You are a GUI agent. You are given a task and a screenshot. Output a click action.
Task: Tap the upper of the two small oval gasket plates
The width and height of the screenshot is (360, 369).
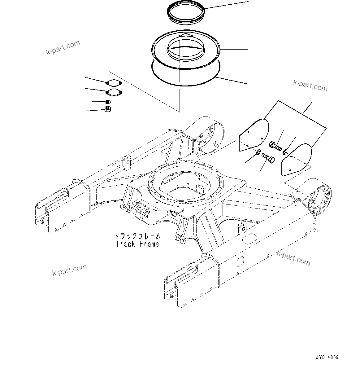[114, 83]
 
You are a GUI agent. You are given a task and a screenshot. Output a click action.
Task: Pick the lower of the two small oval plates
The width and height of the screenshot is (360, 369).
[114, 92]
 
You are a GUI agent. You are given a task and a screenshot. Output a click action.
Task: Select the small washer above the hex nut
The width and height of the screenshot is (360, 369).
[107, 102]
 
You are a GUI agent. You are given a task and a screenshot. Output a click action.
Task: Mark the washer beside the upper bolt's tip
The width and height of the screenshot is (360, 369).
[285, 151]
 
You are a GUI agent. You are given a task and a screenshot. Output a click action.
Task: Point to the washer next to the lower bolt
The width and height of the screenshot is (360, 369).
[258, 152]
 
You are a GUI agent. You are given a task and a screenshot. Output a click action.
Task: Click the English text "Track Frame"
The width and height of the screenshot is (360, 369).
[137, 244]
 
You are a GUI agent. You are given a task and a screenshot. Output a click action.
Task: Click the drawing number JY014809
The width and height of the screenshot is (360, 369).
[327, 357]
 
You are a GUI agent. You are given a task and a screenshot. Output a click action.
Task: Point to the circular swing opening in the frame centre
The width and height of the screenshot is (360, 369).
[186, 183]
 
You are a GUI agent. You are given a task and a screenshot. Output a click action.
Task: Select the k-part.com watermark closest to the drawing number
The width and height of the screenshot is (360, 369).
[293, 258]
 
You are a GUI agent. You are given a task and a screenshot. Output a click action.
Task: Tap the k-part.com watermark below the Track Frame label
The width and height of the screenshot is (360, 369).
[69, 270]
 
